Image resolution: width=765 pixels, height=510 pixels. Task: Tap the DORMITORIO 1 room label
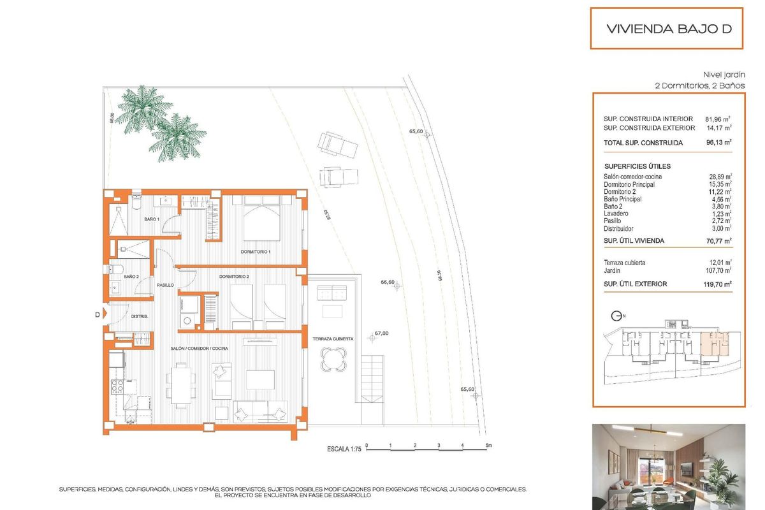point(256,252)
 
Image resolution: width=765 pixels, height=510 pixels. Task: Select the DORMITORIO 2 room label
point(233,277)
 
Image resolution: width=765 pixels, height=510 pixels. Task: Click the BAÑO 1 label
point(151,219)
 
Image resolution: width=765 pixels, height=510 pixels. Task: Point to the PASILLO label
point(166,285)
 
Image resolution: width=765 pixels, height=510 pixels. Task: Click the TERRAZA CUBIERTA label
point(333,339)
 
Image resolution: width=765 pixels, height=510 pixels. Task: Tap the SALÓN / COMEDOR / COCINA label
point(200,348)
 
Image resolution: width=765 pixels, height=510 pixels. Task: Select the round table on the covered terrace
point(335,360)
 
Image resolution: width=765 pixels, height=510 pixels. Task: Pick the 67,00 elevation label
point(381,333)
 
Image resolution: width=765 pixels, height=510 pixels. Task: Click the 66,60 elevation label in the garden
point(388,282)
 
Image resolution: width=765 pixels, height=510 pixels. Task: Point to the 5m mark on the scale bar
point(488,445)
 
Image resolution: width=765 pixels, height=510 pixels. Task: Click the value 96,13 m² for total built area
point(718,143)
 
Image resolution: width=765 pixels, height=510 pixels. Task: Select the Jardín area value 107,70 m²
point(718,270)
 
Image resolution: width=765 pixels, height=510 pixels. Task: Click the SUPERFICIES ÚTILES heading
point(637,166)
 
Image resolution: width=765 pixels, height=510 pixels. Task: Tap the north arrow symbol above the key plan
point(616,316)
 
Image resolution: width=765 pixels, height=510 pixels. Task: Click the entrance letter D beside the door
point(97,314)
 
